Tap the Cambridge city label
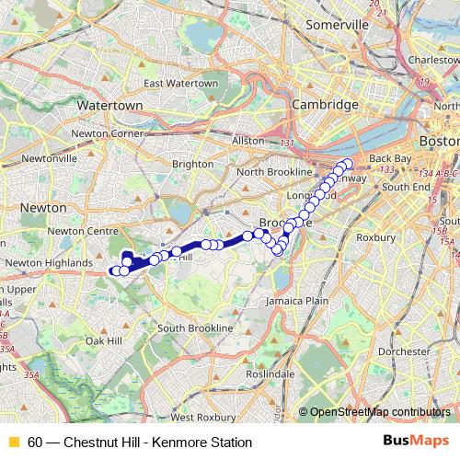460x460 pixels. coord(324,106)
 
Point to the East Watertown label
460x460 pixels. coord(180,84)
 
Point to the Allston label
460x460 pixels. coord(248,141)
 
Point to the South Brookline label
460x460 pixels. coord(199,328)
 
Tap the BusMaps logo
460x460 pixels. coord(416,442)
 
